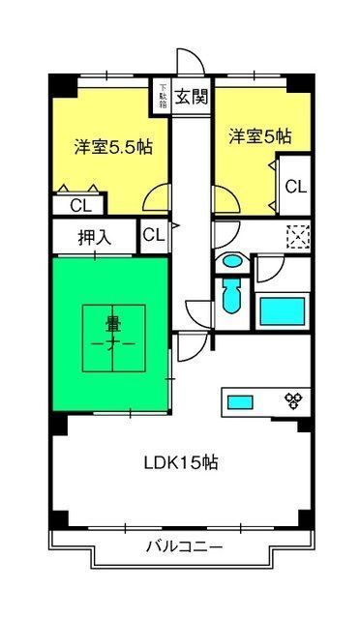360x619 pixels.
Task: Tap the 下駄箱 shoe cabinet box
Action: pos(164,97)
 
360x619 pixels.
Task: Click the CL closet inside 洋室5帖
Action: pos(295,186)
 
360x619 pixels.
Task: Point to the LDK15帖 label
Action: pos(181,461)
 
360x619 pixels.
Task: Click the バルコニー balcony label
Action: pos(183,547)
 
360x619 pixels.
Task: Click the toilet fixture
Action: pos(230,296)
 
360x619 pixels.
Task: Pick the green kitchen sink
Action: pos(239,398)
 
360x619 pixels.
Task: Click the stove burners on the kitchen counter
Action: pos(292,398)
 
